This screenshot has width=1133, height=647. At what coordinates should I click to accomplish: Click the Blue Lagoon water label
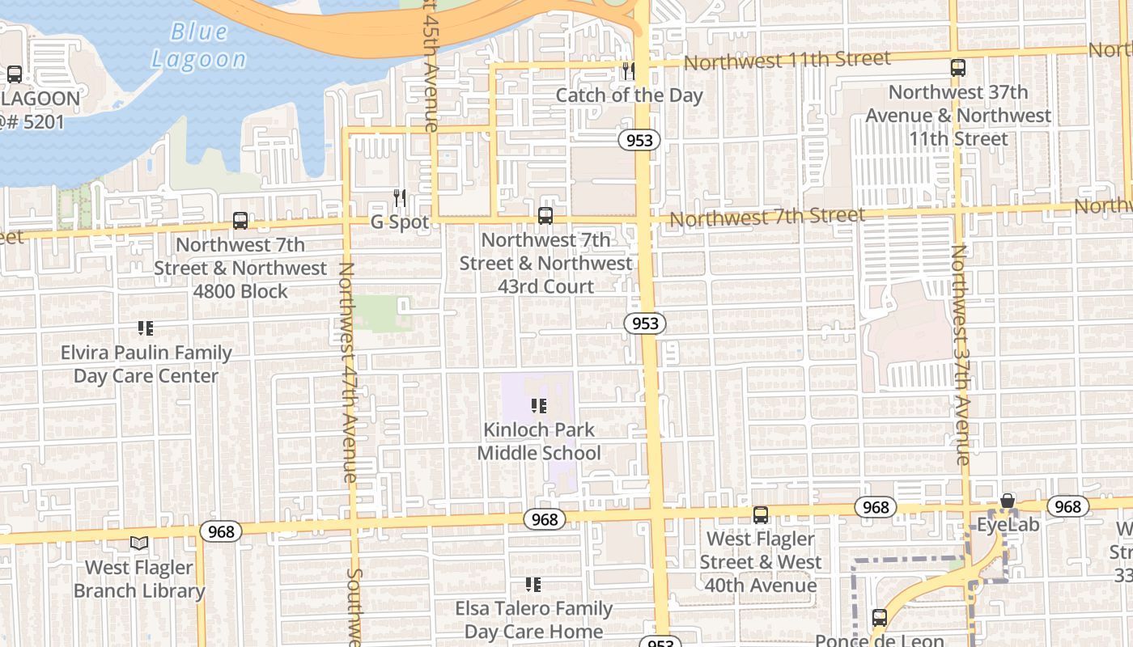tap(199, 45)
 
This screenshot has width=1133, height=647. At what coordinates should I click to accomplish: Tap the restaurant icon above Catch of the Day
tap(628, 72)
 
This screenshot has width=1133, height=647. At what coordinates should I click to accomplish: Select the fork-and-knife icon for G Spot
tap(399, 198)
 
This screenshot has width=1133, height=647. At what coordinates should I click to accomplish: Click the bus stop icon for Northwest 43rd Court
tap(545, 216)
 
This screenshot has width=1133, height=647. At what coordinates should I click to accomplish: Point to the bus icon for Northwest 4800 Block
tap(240, 221)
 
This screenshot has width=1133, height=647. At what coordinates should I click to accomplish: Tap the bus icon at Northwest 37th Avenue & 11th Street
tap(958, 68)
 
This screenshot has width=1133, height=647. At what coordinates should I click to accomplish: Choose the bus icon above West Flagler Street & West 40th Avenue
tap(761, 515)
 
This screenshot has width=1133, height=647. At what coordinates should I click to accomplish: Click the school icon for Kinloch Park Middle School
tap(538, 406)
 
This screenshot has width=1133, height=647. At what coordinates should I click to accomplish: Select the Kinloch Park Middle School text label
tap(538, 442)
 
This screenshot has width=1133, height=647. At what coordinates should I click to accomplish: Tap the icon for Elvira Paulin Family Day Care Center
tap(146, 328)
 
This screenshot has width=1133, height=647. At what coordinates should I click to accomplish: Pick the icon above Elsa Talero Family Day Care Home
tap(533, 584)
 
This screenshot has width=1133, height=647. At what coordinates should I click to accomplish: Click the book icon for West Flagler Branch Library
tap(139, 543)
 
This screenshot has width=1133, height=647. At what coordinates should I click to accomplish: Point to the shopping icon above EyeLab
tap(1008, 501)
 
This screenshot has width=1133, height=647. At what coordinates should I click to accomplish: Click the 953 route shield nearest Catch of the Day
tap(639, 140)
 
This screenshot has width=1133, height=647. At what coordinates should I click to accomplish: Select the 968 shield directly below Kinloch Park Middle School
tap(545, 519)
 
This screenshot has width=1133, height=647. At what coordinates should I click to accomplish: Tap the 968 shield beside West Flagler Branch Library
tap(221, 531)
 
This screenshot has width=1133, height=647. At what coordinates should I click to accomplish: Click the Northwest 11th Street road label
tap(787, 61)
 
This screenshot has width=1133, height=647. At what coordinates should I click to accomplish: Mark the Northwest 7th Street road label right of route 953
tap(766, 217)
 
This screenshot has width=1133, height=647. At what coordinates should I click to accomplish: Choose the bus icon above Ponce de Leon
tap(880, 618)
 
